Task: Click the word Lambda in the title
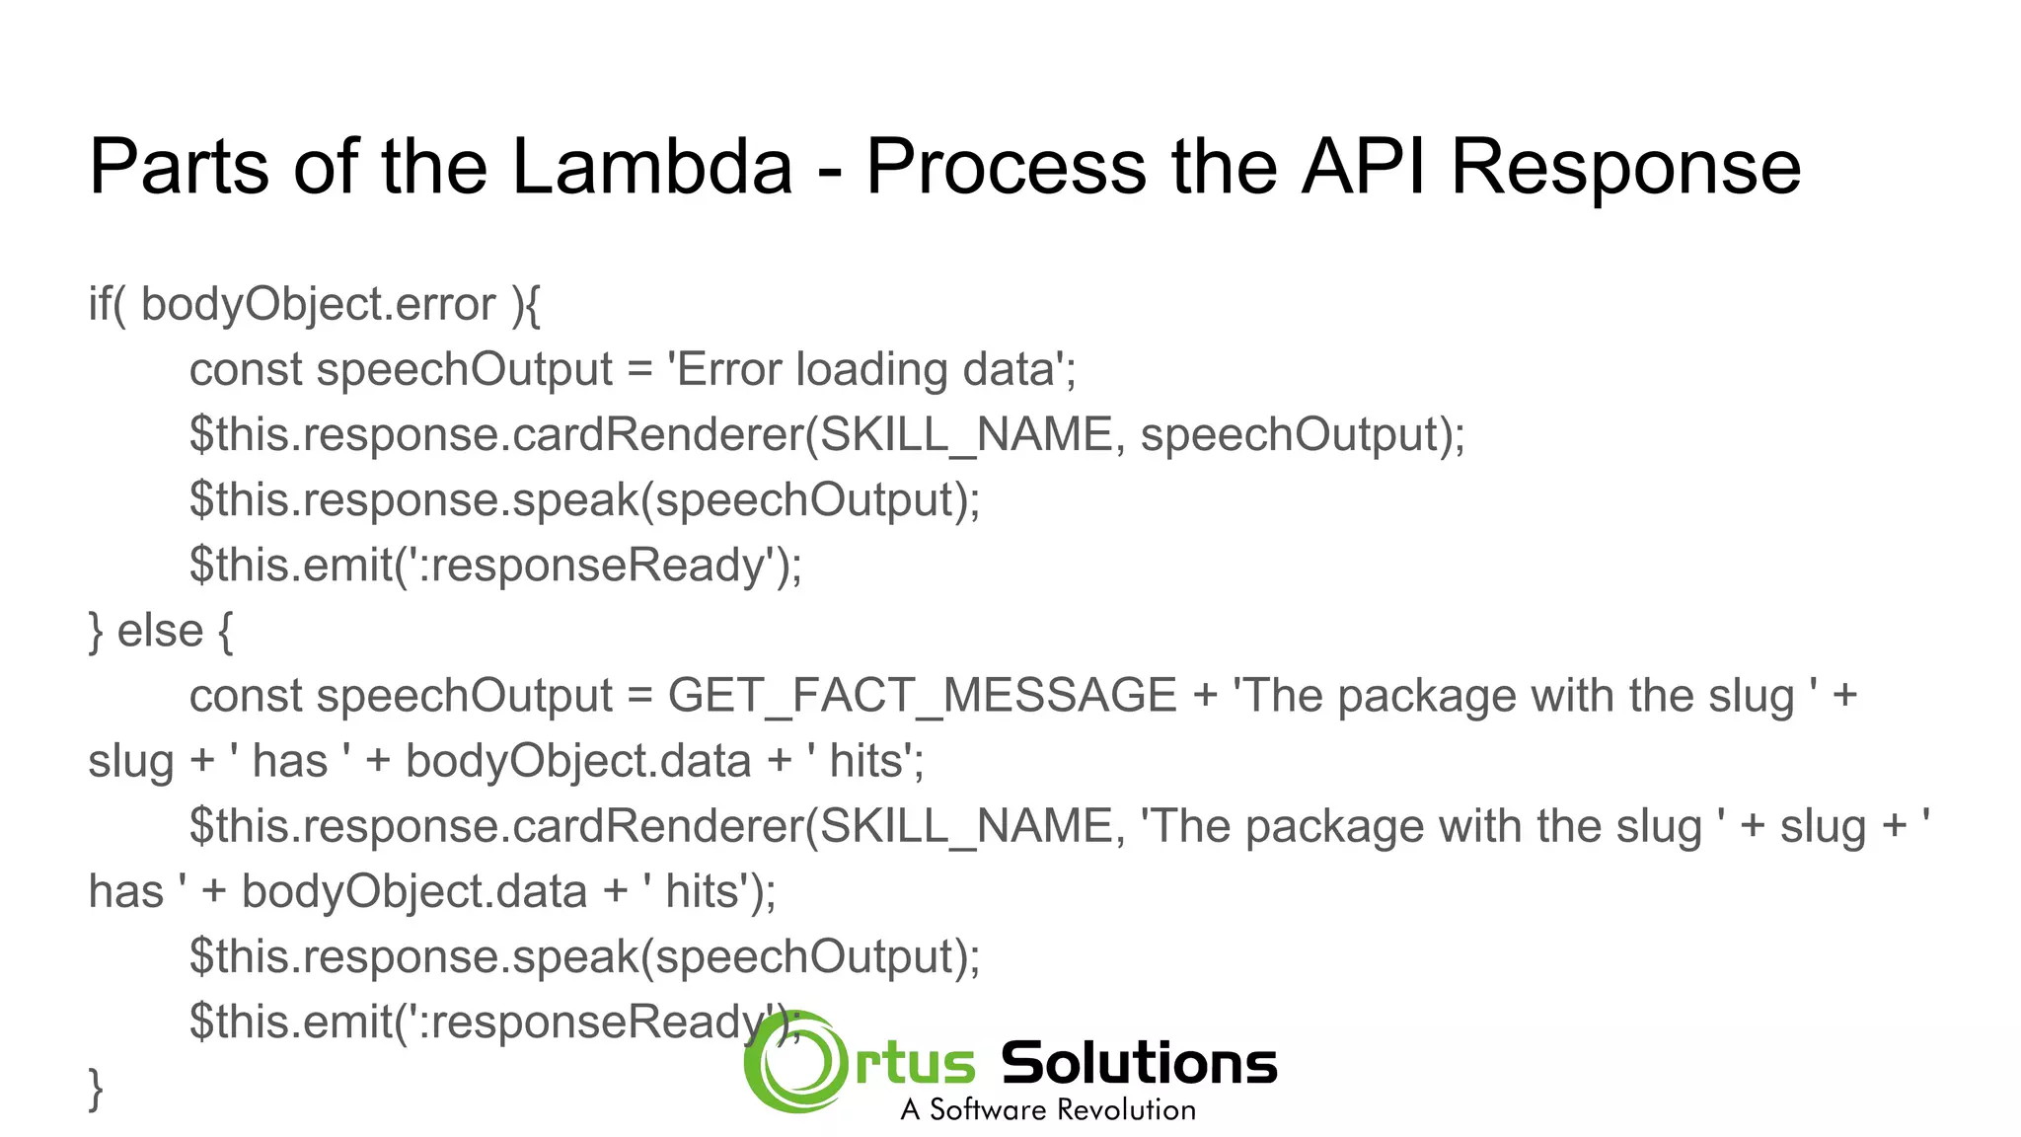tap(652, 166)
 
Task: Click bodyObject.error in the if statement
tap(318, 304)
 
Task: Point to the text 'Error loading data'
tap(871, 369)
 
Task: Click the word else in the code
tap(160, 630)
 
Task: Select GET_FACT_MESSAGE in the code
tap(922, 696)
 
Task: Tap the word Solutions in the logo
tap(1139, 1063)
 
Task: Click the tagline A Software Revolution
tap(1048, 1109)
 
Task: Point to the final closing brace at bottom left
tap(96, 1089)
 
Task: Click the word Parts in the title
tap(179, 166)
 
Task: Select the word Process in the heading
tap(1006, 166)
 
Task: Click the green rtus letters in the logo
tap(915, 1065)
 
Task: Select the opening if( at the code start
tap(107, 304)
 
